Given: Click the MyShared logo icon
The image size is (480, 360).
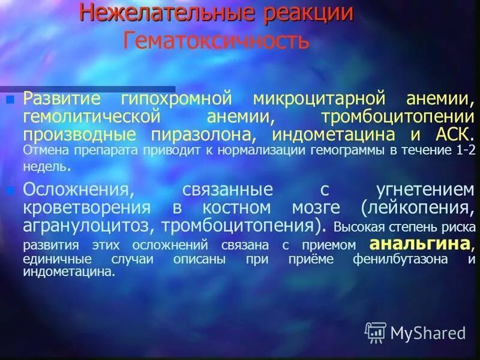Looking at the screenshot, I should point(376,332).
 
